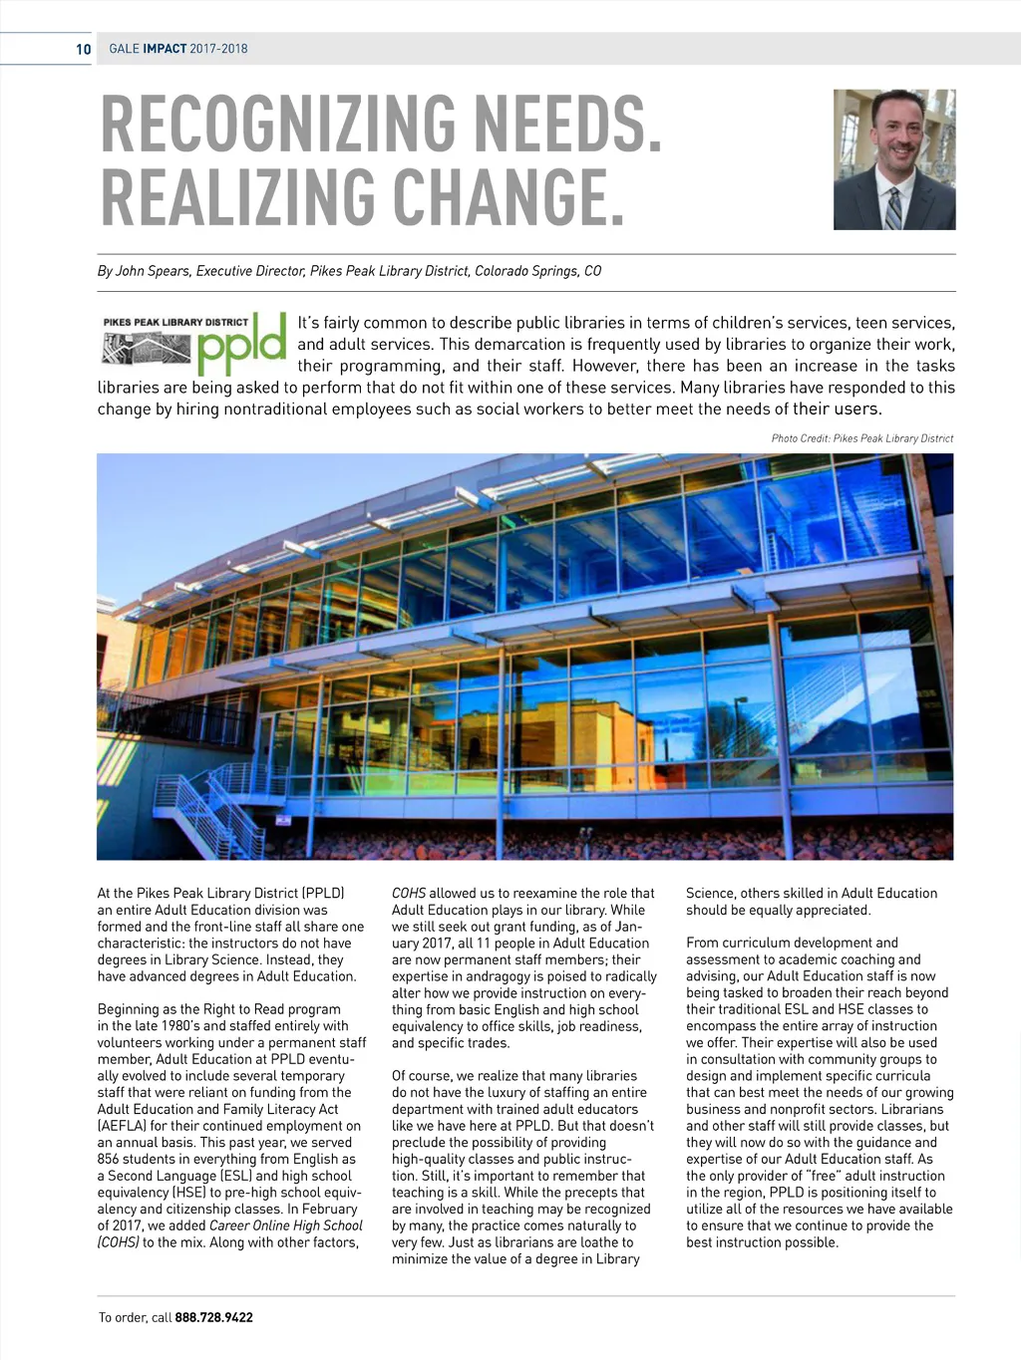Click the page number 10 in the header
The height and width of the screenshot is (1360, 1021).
pos(83,49)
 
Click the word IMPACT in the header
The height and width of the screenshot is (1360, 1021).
pos(165,49)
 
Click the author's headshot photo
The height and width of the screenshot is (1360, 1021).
pos(894,159)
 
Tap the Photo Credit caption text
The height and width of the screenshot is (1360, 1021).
pos(861,438)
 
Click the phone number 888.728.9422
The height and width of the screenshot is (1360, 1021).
pos(213,1317)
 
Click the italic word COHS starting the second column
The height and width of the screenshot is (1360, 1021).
pos(408,894)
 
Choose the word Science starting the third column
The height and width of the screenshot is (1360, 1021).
pos(709,894)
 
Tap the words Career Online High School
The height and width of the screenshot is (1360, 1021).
pos(285,1225)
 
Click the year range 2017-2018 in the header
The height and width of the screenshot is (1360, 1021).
pos(218,49)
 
